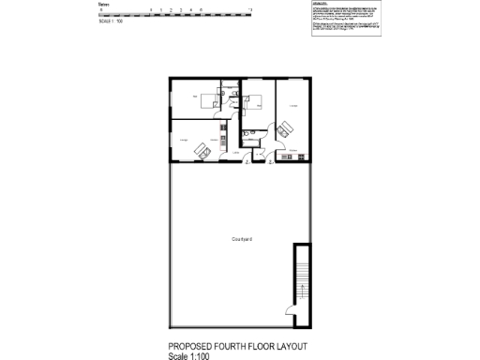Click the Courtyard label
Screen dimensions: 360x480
tap(241, 239)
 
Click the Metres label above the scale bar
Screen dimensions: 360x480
tap(104, 5)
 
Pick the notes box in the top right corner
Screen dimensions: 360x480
tap(346, 18)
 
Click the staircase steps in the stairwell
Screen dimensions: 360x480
tap(301, 277)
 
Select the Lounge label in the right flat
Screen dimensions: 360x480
tap(292, 107)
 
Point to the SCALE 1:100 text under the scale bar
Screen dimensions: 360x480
tap(111, 21)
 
